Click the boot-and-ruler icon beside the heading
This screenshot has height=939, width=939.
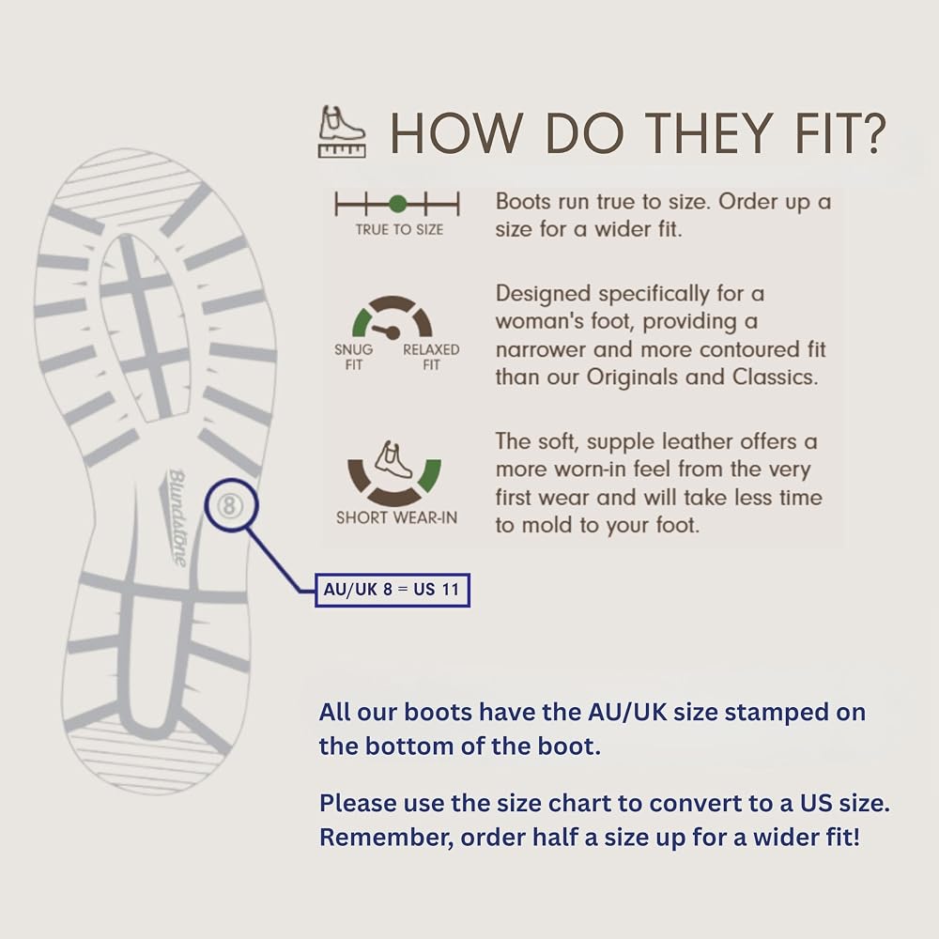(x=342, y=131)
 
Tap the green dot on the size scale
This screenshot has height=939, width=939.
(x=397, y=204)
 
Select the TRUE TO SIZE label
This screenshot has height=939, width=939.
(x=399, y=229)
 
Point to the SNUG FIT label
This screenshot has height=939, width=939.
(x=353, y=357)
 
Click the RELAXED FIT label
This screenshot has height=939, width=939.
(x=431, y=357)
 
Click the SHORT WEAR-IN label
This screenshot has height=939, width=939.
(x=396, y=517)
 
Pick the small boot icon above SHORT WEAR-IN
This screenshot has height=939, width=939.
(x=393, y=459)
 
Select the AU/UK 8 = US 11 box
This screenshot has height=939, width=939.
(x=393, y=590)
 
